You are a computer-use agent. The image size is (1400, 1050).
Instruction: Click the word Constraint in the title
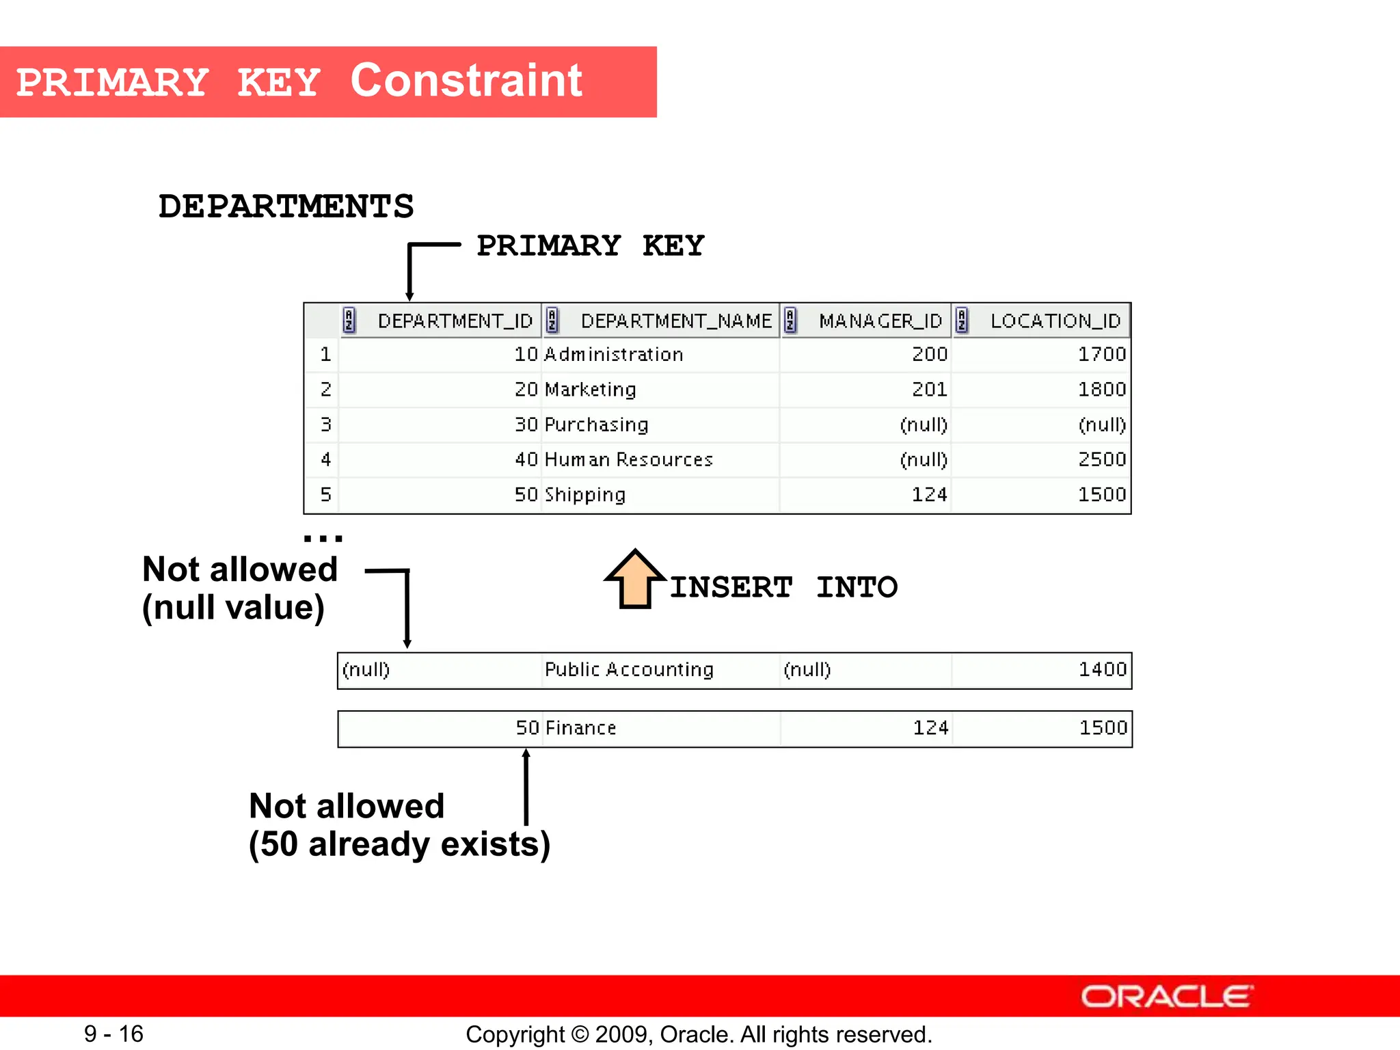click(x=466, y=81)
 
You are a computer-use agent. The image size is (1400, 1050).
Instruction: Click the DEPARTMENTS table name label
click(x=286, y=206)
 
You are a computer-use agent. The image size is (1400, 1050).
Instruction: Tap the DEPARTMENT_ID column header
click(x=455, y=321)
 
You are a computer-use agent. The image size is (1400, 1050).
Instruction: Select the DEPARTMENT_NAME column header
click(x=675, y=321)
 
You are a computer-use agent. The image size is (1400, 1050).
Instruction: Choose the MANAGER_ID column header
click(x=880, y=321)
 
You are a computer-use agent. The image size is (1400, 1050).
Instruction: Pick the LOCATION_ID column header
click(x=1055, y=321)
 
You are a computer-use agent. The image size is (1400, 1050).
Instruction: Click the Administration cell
click(x=613, y=354)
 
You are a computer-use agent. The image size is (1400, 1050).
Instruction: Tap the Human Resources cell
click(x=628, y=459)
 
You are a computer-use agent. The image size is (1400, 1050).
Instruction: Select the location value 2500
click(x=1101, y=459)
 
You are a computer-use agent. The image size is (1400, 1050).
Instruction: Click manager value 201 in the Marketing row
click(x=929, y=390)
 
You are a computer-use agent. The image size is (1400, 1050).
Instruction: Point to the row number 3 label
click(x=325, y=425)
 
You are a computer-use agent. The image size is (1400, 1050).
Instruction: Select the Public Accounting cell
click(x=628, y=669)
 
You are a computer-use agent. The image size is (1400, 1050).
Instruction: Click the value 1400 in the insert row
click(x=1102, y=669)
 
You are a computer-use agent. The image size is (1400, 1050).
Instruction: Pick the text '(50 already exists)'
click(x=399, y=844)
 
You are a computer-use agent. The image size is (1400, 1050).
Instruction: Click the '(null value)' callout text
click(x=233, y=608)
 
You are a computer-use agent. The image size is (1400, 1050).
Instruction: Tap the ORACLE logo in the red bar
click(x=1166, y=996)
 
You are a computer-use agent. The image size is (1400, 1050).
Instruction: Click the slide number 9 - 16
click(x=113, y=1034)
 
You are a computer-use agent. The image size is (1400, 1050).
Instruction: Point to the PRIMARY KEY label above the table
click(x=590, y=246)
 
